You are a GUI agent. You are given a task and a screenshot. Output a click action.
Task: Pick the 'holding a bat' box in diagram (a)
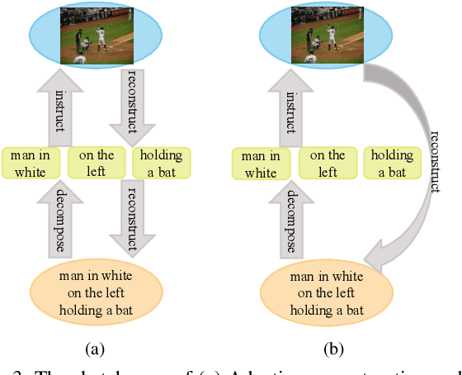(161, 163)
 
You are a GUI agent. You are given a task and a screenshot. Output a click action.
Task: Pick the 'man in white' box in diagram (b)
(262, 164)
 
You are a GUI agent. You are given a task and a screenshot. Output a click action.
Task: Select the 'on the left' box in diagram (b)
(328, 163)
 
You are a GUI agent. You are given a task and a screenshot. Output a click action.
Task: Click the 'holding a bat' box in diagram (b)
(393, 163)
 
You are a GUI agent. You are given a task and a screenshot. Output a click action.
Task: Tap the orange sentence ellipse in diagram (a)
(98, 292)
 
